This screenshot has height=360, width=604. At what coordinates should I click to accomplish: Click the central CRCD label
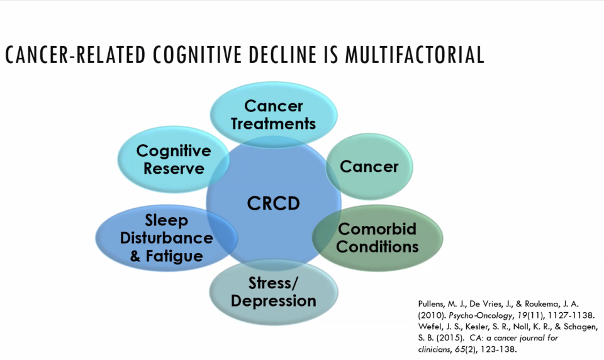click(273, 204)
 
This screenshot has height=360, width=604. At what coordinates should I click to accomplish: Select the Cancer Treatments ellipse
click(273, 114)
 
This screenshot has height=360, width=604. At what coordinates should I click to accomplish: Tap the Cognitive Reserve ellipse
click(174, 159)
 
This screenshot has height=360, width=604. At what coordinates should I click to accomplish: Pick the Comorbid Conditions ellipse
click(377, 237)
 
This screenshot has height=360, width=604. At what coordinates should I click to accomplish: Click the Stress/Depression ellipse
click(273, 292)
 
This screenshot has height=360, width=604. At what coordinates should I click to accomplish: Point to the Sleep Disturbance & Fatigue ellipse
click(166, 238)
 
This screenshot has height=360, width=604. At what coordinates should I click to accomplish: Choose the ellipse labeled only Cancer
click(369, 167)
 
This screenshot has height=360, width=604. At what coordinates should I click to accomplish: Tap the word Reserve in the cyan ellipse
click(174, 169)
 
